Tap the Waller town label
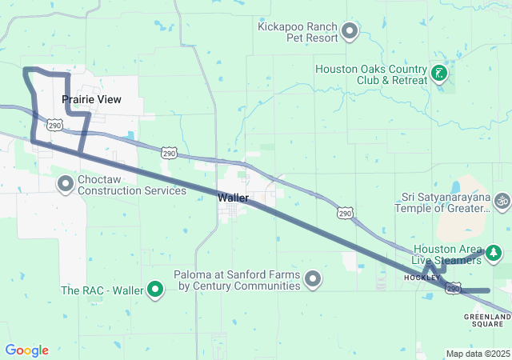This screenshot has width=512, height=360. (x=233, y=197)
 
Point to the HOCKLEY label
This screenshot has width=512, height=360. (x=422, y=277)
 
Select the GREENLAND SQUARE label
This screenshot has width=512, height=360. (x=487, y=322)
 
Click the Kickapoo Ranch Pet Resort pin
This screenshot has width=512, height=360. (x=349, y=32)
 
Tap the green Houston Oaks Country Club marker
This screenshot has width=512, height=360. (x=438, y=74)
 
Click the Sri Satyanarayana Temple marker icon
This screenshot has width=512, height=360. (x=502, y=199)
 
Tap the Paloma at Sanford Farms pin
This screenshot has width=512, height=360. (x=313, y=279)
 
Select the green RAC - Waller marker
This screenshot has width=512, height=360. (x=157, y=290)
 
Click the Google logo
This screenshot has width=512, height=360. (x=27, y=350)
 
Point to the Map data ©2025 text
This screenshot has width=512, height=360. (x=478, y=354)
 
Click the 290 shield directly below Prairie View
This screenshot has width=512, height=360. (x=54, y=125)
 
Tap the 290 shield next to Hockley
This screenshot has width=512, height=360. (x=454, y=288)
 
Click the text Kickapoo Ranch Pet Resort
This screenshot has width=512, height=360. (x=297, y=32)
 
